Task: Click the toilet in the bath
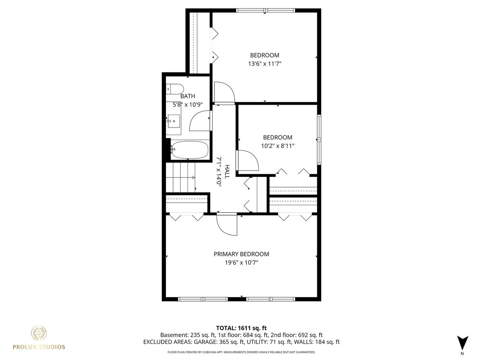[x=175, y=88]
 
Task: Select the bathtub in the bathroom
[x=190, y=150]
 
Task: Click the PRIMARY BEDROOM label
[x=241, y=254]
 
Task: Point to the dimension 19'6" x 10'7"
[x=241, y=263]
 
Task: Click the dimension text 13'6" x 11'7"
[x=264, y=64]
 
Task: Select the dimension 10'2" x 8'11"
[x=278, y=146]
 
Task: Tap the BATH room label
[x=188, y=96]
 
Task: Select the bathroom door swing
[x=200, y=121]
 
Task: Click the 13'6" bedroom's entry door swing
[x=224, y=92]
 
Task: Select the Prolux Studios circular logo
[x=39, y=333]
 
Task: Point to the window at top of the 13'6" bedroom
[x=265, y=10]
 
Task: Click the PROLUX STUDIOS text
[x=39, y=347]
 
